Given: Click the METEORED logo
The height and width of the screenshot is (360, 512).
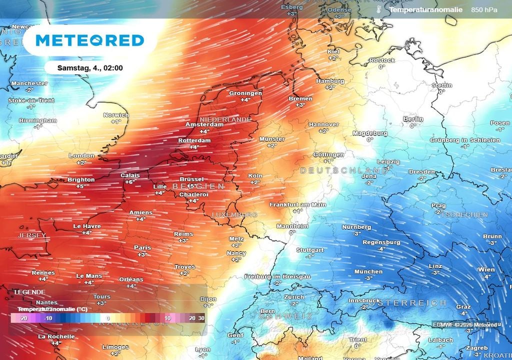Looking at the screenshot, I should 90,40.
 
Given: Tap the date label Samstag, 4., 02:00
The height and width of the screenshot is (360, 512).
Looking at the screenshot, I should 90,68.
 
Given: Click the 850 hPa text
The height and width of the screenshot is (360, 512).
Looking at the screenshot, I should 484,10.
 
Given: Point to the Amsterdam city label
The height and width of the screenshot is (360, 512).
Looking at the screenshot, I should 204,124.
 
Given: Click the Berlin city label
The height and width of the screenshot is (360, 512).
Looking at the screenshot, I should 413,119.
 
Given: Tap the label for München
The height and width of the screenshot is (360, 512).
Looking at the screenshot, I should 368,271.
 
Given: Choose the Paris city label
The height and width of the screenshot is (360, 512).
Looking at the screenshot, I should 142,247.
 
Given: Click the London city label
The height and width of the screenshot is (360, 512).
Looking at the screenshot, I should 81,155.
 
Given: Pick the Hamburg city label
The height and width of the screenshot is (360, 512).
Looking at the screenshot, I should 330,81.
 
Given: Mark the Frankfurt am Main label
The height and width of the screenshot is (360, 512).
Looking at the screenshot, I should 297,204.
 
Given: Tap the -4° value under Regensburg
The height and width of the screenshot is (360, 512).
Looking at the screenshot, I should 381,249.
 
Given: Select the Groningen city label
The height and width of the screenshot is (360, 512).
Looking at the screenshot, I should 245,93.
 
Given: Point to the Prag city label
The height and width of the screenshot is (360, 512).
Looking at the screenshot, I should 438,205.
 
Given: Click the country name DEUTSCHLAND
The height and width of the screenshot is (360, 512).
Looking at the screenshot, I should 344,170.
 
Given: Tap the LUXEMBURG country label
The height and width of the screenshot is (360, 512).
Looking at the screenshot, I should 234,214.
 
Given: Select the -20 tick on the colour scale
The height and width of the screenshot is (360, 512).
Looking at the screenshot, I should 22,318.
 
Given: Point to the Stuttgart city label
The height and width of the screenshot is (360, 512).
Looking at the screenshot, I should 310,249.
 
